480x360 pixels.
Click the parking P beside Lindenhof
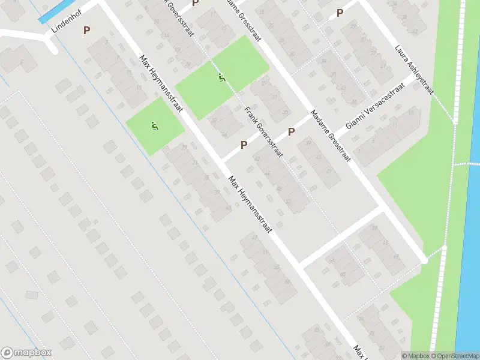87,29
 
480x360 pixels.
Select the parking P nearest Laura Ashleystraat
340,13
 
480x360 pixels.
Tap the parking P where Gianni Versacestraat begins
292,131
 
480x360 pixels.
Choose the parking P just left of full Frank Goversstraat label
244,145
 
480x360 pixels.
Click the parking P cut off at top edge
195,3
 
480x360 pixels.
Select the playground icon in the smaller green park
155,126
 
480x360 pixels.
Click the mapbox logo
26,353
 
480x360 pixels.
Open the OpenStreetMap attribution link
455,356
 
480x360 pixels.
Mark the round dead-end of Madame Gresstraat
424,260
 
